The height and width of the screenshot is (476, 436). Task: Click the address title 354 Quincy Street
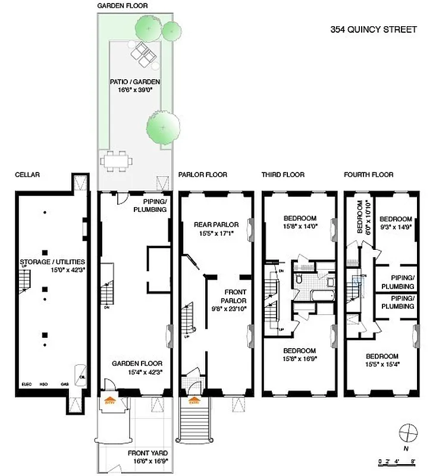[x=374, y=30]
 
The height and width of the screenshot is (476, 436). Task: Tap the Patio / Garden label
[x=135, y=82]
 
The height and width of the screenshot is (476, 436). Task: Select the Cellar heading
[x=27, y=175]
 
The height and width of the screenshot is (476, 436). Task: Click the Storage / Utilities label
[x=52, y=262]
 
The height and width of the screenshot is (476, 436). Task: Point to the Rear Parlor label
[x=216, y=224]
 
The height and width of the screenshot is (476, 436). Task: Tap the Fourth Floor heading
[x=368, y=175]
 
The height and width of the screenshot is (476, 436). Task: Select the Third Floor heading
[x=283, y=175]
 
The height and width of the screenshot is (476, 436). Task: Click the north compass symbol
[x=407, y=430]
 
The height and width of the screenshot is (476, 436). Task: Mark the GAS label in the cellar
[x=64, y=384]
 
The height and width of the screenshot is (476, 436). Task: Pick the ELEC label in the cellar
[x=26, y=384]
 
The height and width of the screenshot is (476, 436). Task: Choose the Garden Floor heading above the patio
[x=123, y=5]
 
